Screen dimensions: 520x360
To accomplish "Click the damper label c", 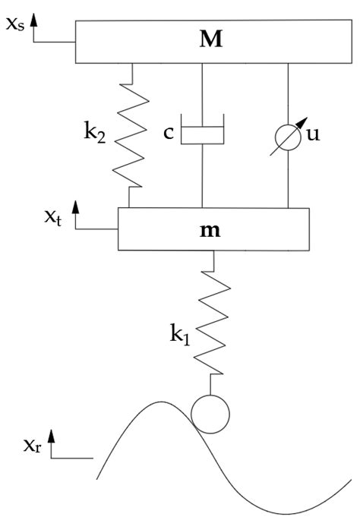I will coord(169,133).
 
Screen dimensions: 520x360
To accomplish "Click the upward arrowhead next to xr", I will coord(51,434).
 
